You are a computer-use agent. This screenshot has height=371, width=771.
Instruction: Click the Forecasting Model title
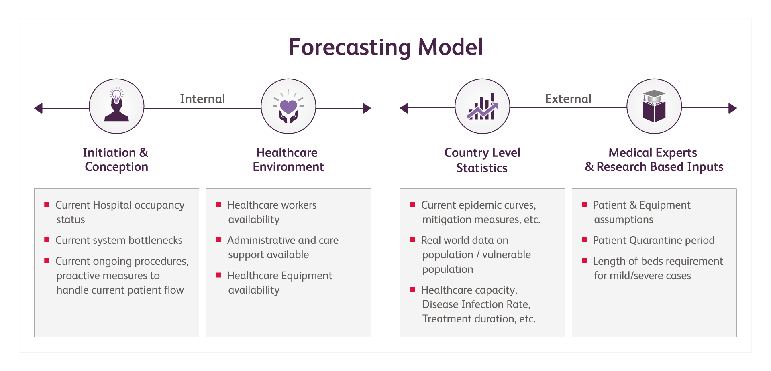pos(385,47)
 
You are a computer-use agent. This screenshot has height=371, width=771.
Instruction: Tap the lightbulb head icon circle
pos(116,106)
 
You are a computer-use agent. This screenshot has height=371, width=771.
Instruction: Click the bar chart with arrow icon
pos(482,107)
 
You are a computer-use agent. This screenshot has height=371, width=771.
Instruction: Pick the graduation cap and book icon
pos(654,107)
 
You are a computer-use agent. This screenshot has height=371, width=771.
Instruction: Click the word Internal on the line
pos(202,99)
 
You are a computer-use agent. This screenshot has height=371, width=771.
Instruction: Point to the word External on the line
pos(568,99)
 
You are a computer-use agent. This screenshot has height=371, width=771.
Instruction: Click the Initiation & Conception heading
pos(116,160)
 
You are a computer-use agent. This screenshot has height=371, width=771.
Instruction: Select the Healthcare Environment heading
pos(288,160)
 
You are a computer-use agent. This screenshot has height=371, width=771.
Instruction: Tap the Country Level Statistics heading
pos(482,160)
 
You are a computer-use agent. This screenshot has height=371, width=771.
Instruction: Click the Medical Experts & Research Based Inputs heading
pos(654,160)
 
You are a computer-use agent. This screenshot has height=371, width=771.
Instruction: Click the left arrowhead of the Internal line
pos(38,108)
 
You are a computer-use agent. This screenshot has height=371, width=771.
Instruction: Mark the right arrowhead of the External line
pos(732,108)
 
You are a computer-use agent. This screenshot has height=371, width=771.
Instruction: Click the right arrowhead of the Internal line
pos(366,108)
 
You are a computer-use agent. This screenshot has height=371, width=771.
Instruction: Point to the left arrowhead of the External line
pos(404,108)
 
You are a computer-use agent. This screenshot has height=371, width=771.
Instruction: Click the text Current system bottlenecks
pos(119,240)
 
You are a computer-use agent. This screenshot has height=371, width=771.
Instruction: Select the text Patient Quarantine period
pos(654,240)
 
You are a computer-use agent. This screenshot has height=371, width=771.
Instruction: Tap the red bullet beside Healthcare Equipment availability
pos(218,275)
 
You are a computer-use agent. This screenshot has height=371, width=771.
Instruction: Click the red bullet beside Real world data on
pos(412,240)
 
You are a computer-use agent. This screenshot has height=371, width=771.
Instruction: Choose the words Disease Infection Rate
pos(476,304)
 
